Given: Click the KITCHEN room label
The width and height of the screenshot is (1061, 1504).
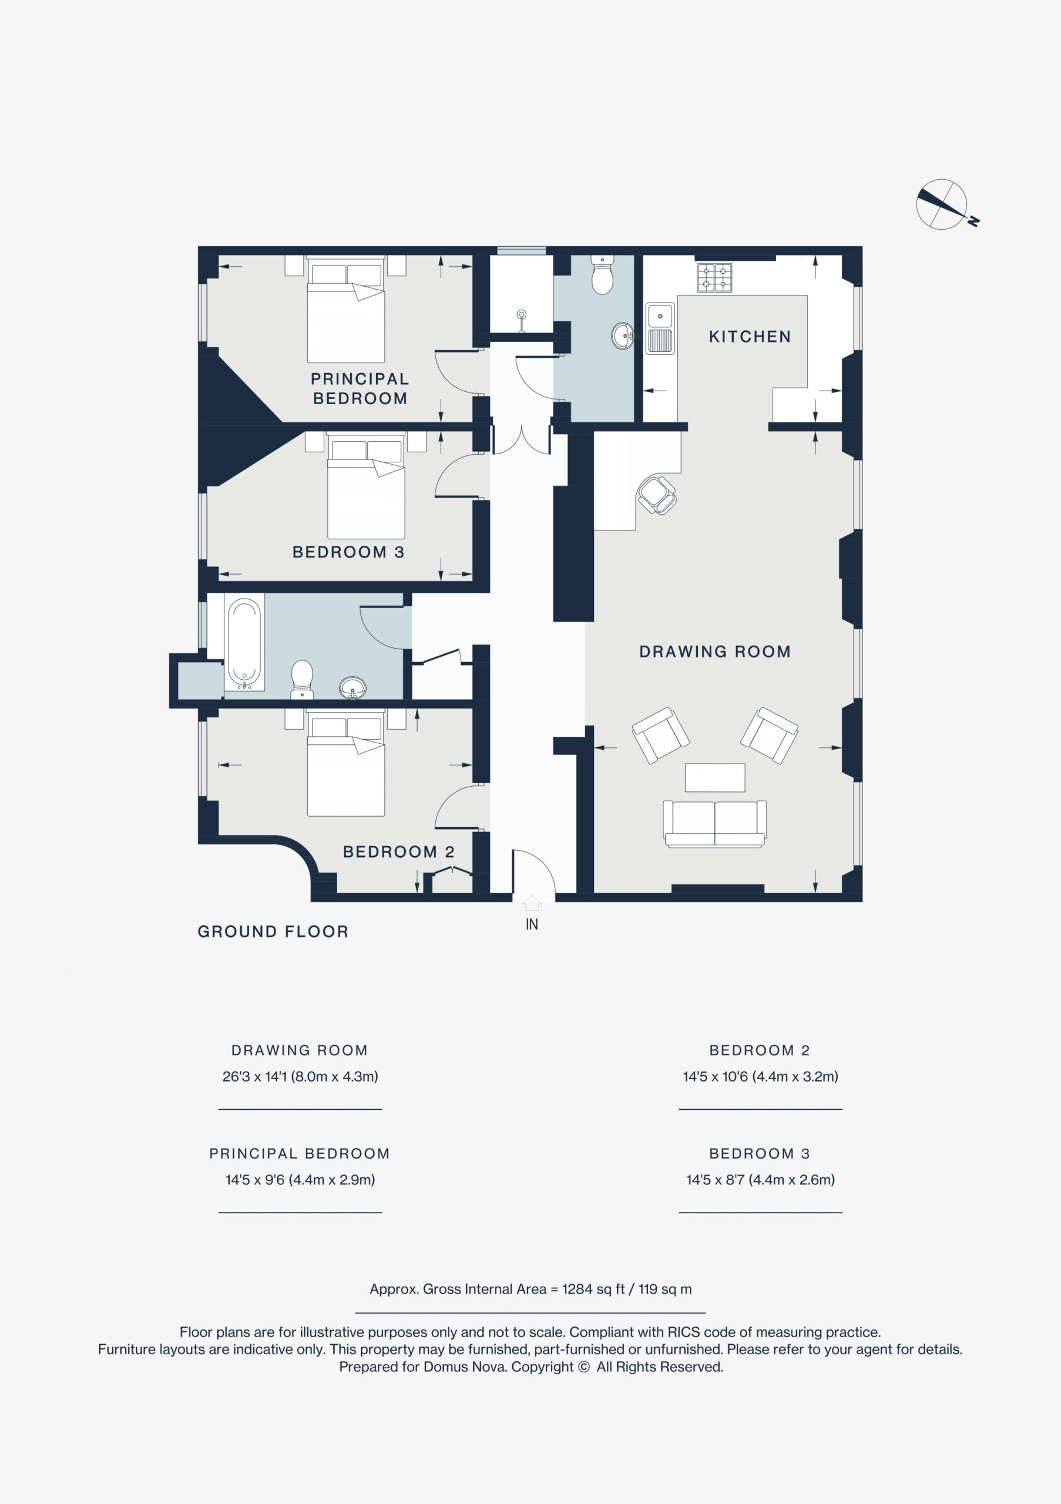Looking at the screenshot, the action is [750, 337].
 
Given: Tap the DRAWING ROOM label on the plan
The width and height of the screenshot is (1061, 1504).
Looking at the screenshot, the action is [714, 652].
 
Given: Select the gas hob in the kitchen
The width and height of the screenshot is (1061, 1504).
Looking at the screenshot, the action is [714, 277].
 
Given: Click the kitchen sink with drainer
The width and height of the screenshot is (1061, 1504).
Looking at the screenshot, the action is [660, 328].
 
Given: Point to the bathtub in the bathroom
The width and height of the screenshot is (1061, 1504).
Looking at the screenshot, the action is [244, 642].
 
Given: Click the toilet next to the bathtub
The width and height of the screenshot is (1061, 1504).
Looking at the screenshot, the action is [302, 679].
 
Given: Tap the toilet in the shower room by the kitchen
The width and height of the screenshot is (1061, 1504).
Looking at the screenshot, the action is [602, 274].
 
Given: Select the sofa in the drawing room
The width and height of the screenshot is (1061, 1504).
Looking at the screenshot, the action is [714, 824].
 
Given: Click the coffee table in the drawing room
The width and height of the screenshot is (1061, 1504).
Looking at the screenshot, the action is [714, 777].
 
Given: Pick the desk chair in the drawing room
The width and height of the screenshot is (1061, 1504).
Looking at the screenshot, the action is [657, 495].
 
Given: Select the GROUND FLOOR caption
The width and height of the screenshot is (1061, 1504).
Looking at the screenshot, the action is [273, 932].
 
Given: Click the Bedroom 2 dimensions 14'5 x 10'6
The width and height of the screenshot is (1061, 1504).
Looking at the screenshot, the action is [760, 1076].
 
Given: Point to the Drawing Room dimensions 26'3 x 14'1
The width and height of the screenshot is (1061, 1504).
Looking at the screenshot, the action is [300, 1076].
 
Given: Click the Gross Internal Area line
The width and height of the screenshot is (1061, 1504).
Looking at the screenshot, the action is [530, 1289].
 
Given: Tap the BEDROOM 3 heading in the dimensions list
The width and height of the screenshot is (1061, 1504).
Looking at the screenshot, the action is [760, 1153].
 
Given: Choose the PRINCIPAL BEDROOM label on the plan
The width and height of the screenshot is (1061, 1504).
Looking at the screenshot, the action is [360, 388].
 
